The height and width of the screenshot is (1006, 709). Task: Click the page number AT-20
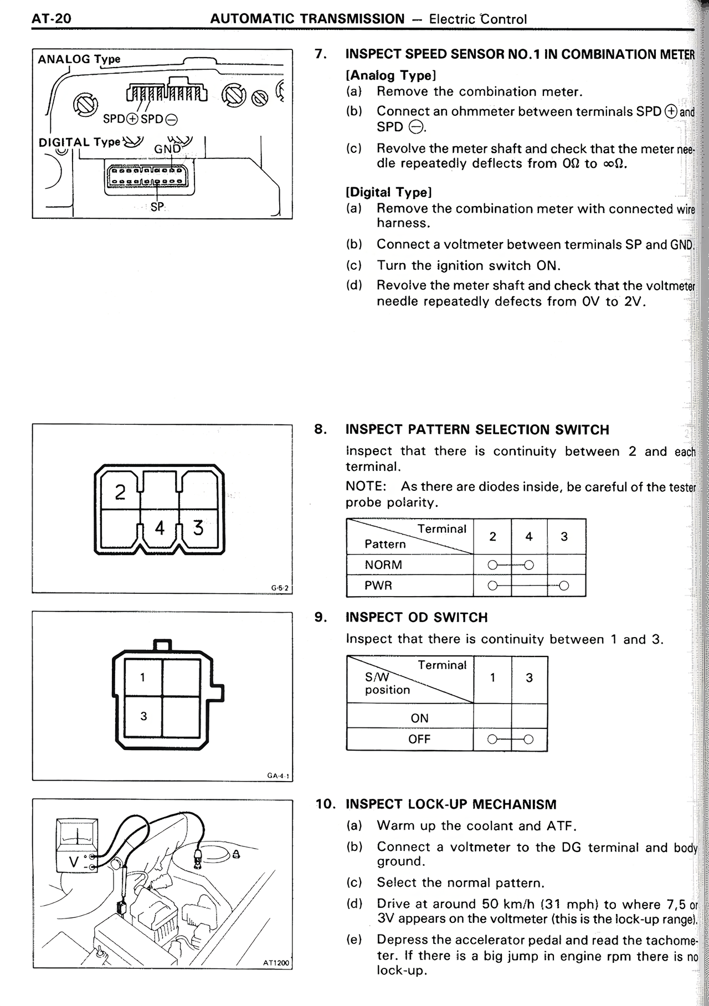[52, 19]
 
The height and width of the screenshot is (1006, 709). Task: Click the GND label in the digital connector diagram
[167, 149]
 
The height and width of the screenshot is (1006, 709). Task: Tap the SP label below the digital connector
[157, 207]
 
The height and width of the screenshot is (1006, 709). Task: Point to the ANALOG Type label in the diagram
[79, 59]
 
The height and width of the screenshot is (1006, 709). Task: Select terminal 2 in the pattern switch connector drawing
[120, 492]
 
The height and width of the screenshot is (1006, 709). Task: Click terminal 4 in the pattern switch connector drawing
[160, 527]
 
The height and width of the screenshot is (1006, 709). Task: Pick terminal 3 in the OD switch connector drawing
[143, 716]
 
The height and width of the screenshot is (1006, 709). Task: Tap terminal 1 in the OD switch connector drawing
[143, 677]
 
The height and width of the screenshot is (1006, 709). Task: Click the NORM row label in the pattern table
[383, 565]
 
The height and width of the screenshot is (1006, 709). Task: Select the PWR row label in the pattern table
[378, 586]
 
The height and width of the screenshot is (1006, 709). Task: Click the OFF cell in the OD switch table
[419, 739]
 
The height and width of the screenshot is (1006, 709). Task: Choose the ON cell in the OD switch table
[419, 718]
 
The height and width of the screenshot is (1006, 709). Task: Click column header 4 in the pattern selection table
[528, 536]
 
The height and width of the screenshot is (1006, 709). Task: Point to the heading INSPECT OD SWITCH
[417, 617]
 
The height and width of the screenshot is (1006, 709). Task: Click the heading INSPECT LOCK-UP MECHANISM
[451, 804]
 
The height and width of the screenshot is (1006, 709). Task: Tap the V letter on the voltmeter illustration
[73, 862]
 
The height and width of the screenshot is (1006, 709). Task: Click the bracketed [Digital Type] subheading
[388, 192]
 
